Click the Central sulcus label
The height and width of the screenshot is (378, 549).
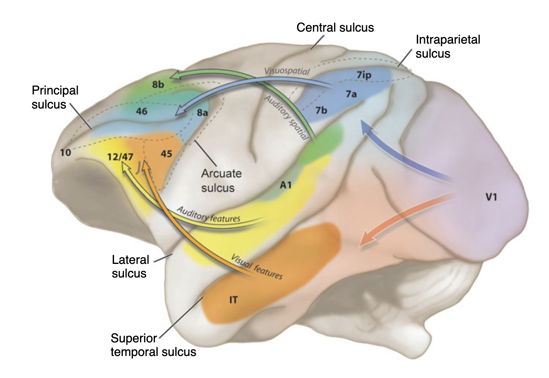point(335,28)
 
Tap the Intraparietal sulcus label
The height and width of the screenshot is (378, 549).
point(447,46)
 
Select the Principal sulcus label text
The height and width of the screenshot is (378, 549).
point(55,97)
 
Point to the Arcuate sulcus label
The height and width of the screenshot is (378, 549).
point(221,181)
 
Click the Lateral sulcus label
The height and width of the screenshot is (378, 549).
point(130,266)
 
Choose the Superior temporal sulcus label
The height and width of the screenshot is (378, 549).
point(153,345)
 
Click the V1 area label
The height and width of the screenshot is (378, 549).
point(491,197)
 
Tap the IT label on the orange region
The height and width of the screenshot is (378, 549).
point(233,300)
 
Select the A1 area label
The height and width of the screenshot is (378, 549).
point(285,185)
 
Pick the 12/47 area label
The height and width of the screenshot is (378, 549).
point(120,156)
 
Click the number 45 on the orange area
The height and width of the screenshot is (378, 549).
point(166,153)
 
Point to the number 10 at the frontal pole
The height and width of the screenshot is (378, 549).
point(65,152)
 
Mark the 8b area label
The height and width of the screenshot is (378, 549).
point(158,84)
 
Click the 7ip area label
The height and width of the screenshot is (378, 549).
point(364,75)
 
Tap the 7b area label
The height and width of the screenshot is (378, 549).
point(321,110)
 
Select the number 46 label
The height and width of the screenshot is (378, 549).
point(142,111)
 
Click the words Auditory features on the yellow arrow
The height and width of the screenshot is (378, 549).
point(208,215)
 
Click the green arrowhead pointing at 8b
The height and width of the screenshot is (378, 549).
point(174,75)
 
